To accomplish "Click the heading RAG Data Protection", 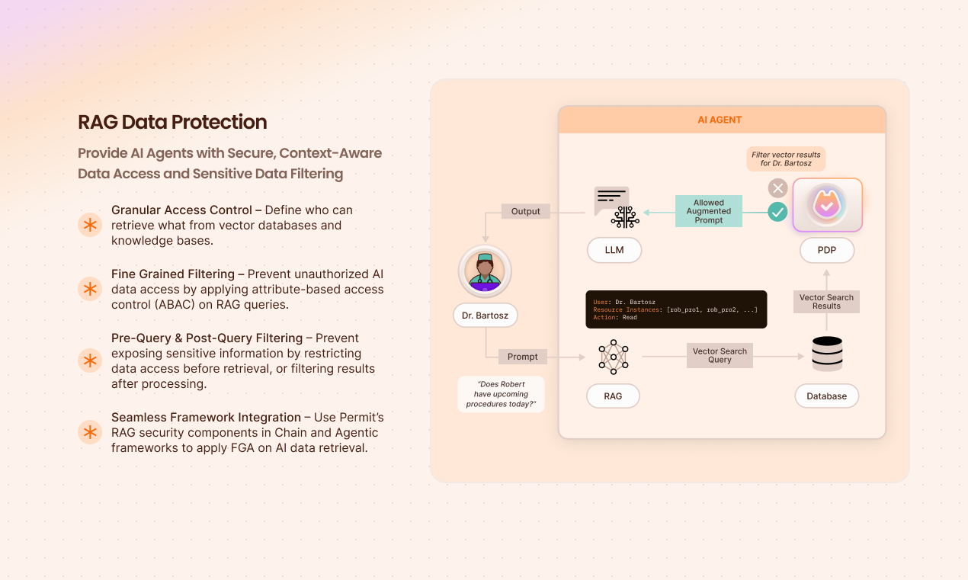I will [172, 122].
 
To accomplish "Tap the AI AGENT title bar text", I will [720, 120].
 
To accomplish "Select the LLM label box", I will [614, 250].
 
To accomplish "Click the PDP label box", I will [827, 250].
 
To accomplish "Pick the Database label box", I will [826, 396].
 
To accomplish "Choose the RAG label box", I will [613, 396].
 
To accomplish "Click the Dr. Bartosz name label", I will [485, 315].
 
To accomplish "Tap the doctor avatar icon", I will [485, 271].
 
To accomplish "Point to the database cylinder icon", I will [827, 354].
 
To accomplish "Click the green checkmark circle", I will [777, 212].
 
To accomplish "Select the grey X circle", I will [777, 188].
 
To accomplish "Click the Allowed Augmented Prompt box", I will [709, 211].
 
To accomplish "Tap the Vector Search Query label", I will [720, 356].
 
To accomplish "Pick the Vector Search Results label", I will [826, 302].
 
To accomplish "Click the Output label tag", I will [525, 211].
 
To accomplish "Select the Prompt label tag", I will [523, 357].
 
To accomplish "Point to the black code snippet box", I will [676, 309].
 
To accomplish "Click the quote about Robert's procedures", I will [502, 394].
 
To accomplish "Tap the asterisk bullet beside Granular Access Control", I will [90, 225].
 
